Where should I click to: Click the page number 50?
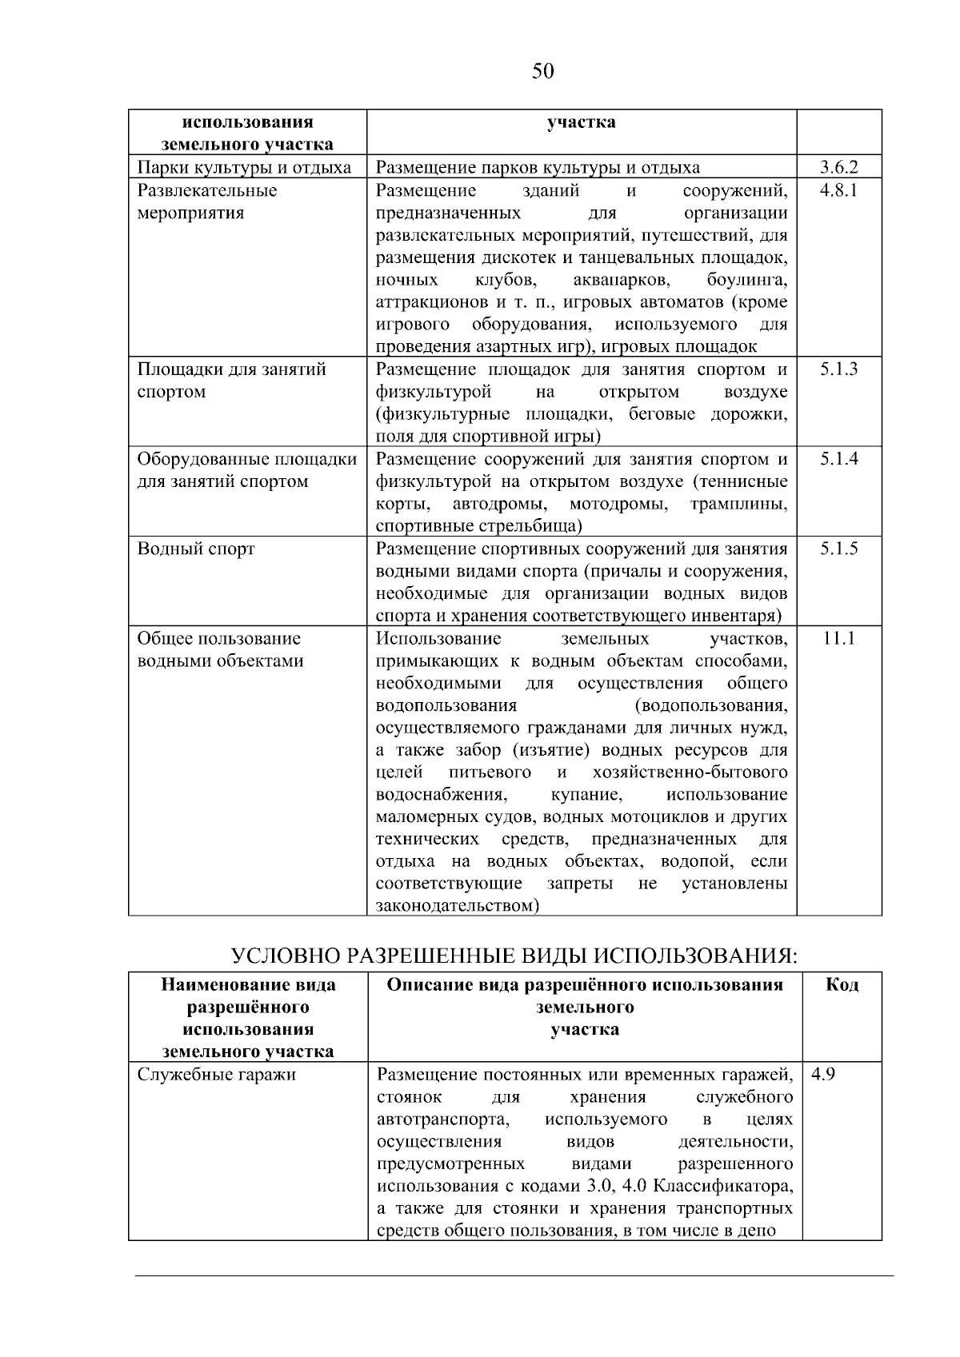[x=542, y=72]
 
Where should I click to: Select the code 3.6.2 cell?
[x=838, y=167]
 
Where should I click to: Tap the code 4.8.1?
[x=838, y=190]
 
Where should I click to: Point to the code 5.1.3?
[x=838, y=369]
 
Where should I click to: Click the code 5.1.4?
[x=838, y=459]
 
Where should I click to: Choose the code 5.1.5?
[x=838, y=549]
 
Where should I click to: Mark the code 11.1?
[x=838, y=638]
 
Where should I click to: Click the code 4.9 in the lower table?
[x=823, y=1074]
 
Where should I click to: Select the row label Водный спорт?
[x=196, y=549]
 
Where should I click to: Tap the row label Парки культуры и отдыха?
[x=244, y=168]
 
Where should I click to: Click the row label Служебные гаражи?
[x=217, y=1074]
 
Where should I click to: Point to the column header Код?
[x=842, y=984]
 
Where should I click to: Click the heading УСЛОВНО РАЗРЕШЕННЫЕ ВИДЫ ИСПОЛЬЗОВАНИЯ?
[x=514, y=956]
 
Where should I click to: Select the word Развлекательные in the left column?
[x=207, y=190]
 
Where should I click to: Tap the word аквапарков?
[x=621, y=280]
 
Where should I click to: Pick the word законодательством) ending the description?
[x=458, y=906]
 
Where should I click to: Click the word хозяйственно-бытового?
[x=690, y=772]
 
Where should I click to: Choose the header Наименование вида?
[x=248, y=984]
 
